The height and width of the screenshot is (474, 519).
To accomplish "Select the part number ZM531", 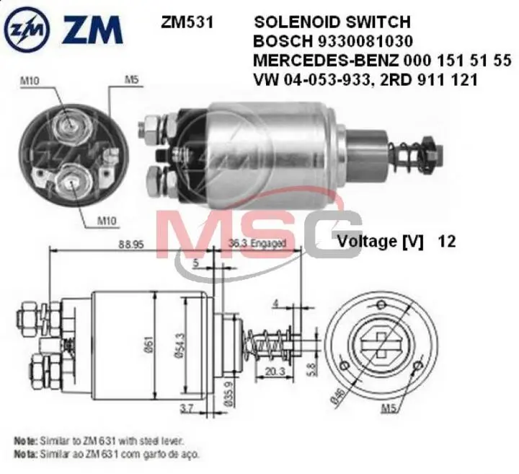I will pos(187,22).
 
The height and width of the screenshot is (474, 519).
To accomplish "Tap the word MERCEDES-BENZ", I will pos(313,61).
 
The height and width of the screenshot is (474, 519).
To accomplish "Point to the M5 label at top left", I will pos(130,79).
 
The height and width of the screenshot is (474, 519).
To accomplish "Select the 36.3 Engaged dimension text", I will pos(257,243).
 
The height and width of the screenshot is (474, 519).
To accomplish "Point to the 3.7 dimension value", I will pos(186,409).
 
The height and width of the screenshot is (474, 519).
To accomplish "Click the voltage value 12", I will pos(446,241).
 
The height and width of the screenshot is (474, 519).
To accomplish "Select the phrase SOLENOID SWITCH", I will pos(331,22).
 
